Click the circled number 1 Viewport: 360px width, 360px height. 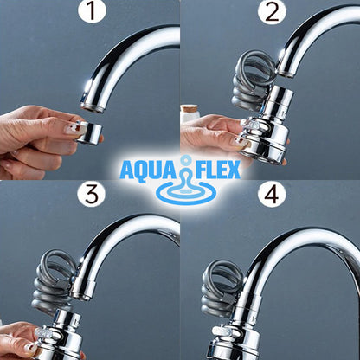pyautogui.click(x=90, y=15)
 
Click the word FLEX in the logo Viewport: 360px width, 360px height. pyautogui.click(x=215, y=168)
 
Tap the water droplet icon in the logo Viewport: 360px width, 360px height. pyautogui.click(x=181, y=172)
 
